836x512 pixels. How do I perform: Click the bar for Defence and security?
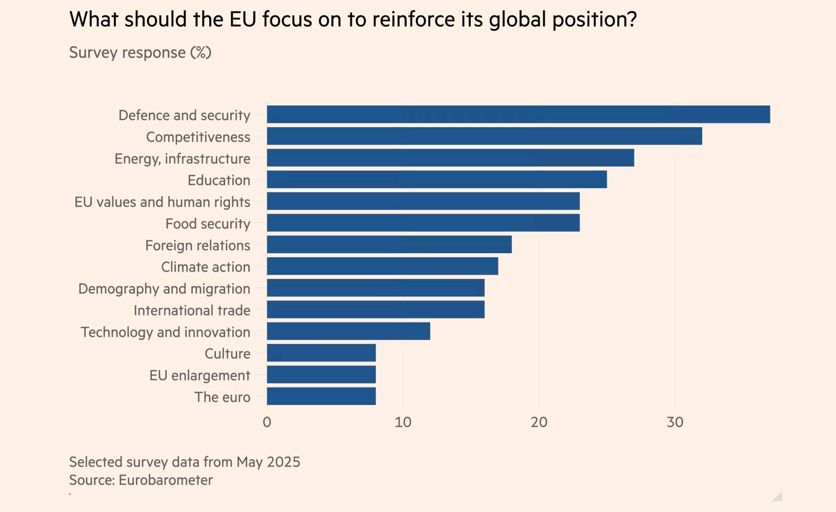[x=518, y=114]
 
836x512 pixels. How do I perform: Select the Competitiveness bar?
[x=484, y=136]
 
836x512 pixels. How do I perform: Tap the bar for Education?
[x=436, y=179]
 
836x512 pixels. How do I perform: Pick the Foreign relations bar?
[x=389, y=244]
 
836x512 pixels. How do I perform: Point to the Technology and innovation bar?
[x=348, y=331]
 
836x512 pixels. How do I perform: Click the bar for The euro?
[x=321, y=396]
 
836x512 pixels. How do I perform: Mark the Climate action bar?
[x=382, y=266]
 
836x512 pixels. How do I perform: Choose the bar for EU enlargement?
[x=321, y=375]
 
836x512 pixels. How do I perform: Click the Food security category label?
[x=208, y=224]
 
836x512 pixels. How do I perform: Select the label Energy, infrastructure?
[x=183, y=159]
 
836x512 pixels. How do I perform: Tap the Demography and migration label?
[x=164, y=289]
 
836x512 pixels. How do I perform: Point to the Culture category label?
[x=227, y=354]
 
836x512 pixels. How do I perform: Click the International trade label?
[x=192, y=311]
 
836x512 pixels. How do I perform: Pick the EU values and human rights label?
[x=162, y=202]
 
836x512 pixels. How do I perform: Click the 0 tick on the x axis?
[x=267, y=422]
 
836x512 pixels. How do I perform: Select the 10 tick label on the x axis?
[x=403, y=422]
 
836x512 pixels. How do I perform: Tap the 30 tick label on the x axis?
[x=675, y=422]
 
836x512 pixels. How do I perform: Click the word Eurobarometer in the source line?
[x=165, y=480]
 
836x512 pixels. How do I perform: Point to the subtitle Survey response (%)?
[x=140, y=53]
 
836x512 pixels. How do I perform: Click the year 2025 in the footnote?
[x=283, y=462]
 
